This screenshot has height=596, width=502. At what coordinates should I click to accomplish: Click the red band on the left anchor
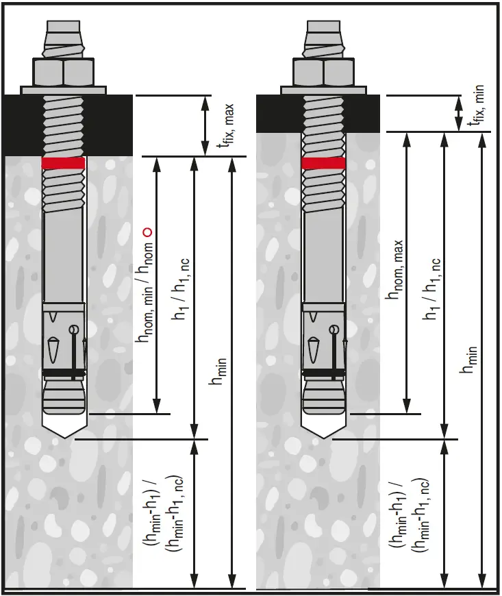click(x=63, y=163)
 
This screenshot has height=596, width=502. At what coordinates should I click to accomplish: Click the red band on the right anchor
click(x=323, y=163)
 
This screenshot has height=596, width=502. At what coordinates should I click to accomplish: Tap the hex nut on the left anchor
click(x=63, y=71)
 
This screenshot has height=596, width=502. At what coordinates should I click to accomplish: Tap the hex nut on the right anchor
click(x=323, y=71)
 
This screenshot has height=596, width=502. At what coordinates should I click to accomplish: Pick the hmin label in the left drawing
click(x=221, y=371)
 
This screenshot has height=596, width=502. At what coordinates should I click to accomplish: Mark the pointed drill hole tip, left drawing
click(x=63, y=431)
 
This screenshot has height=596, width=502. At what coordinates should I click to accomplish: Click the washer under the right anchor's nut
click(x=323, y=89)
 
